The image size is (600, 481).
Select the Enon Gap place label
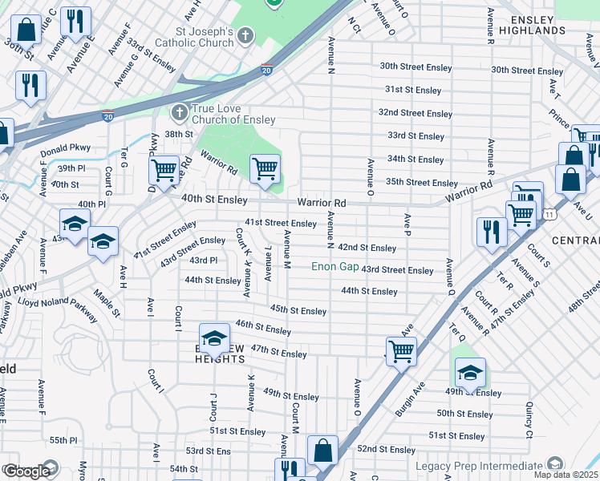(x=335, y=266)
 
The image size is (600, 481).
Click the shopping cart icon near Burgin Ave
(x=400, y=350)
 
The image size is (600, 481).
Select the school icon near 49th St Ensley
(x=470, y=371)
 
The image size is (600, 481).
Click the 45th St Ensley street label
(x=298, y=310)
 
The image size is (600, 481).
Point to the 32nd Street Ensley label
(x=416, y=113)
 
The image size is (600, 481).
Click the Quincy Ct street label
(x=529, y=420)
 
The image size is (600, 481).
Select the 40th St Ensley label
(x=214, y=198)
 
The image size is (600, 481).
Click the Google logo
(x=26, y=471)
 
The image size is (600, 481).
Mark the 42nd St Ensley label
(x=367, y=249)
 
